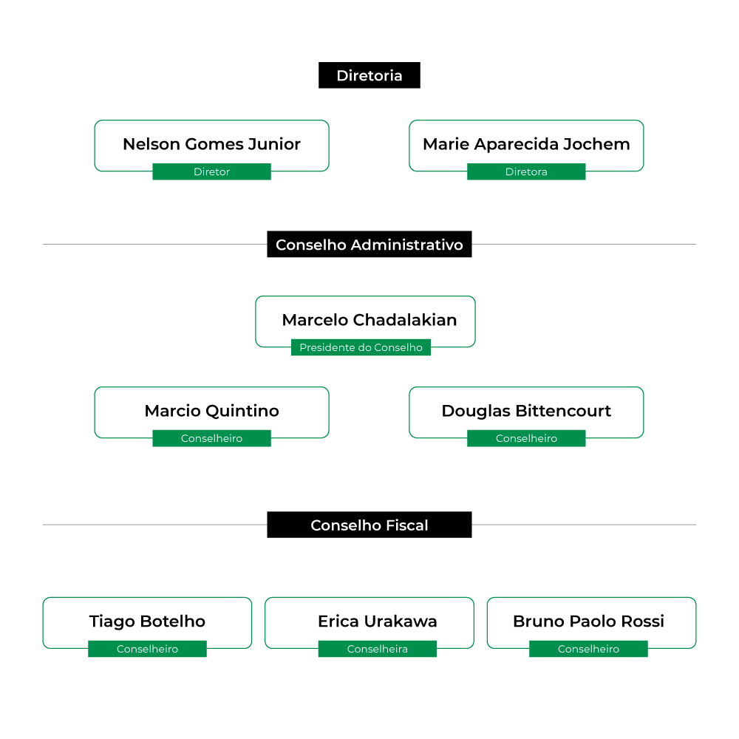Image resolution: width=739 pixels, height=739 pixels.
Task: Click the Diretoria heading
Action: [x=369, y=75]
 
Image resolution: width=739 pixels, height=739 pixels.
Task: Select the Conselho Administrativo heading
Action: [x=369, y=244]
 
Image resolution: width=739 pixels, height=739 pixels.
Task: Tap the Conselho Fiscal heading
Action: [x=369, y=525]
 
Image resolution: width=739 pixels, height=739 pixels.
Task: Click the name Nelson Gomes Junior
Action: [x=211, y=144]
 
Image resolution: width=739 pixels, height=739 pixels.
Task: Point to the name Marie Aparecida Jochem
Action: [x=526, y=144]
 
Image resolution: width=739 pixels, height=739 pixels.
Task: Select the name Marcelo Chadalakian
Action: [x=369, y=320]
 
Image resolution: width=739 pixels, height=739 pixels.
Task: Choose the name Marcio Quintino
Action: [x=211, y=411]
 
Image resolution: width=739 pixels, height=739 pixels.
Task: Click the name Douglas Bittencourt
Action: [x=526, y=411]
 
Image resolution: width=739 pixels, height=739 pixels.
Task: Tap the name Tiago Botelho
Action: [x=147, y=621]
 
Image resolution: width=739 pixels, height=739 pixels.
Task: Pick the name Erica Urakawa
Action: [x=377, y=621]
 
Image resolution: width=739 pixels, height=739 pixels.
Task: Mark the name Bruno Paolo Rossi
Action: [x=588, y=621]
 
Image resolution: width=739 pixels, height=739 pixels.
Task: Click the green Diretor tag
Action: [x=211, y=171]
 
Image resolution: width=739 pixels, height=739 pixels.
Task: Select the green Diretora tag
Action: [x=526, y=171]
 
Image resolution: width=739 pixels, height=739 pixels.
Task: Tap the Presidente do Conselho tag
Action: [x=361, y=347]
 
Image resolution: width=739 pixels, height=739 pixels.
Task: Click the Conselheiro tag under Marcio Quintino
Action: [x=211, y=438]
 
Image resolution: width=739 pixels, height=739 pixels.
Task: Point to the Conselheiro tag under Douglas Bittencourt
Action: [x=526, y=438]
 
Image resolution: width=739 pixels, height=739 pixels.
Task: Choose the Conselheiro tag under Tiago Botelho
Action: [x=147, y=649]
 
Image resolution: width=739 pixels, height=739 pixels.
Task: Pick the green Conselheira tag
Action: [x=377, y=649]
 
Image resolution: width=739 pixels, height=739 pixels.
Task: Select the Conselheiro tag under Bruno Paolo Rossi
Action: [x=588, y=649]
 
